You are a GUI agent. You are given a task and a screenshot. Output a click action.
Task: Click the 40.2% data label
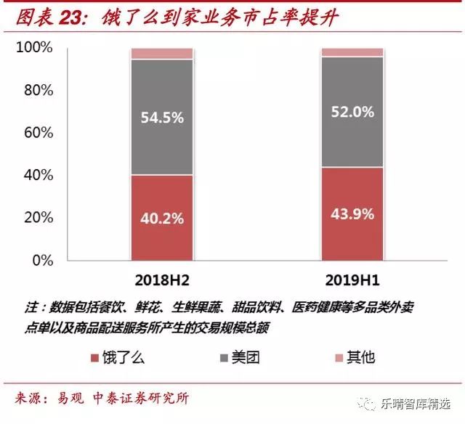pos(161,218)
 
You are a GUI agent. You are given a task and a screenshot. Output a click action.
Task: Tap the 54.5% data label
pos(161,118)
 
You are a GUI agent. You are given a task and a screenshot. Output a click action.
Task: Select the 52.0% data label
pos(352,113)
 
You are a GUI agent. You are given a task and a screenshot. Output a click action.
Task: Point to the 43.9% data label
pos(352,213)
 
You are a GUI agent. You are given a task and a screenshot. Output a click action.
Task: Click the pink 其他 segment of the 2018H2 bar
pos(161,54)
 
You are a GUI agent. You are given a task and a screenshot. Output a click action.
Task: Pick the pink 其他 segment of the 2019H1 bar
pos(352,52)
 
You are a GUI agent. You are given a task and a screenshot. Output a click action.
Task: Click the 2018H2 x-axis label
pos(162,279)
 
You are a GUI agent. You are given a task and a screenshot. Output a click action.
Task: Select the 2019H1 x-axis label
pos(352,279)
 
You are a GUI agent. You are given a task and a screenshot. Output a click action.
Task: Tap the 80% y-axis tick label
pos(38,91)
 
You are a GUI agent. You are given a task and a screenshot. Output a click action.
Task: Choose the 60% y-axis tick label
pos(38,133)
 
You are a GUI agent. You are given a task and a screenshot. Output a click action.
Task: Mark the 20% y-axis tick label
pos(38,218)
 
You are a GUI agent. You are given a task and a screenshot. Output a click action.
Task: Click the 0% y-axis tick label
pos(41,260)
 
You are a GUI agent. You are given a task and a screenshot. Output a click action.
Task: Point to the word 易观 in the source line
pos(70,398)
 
